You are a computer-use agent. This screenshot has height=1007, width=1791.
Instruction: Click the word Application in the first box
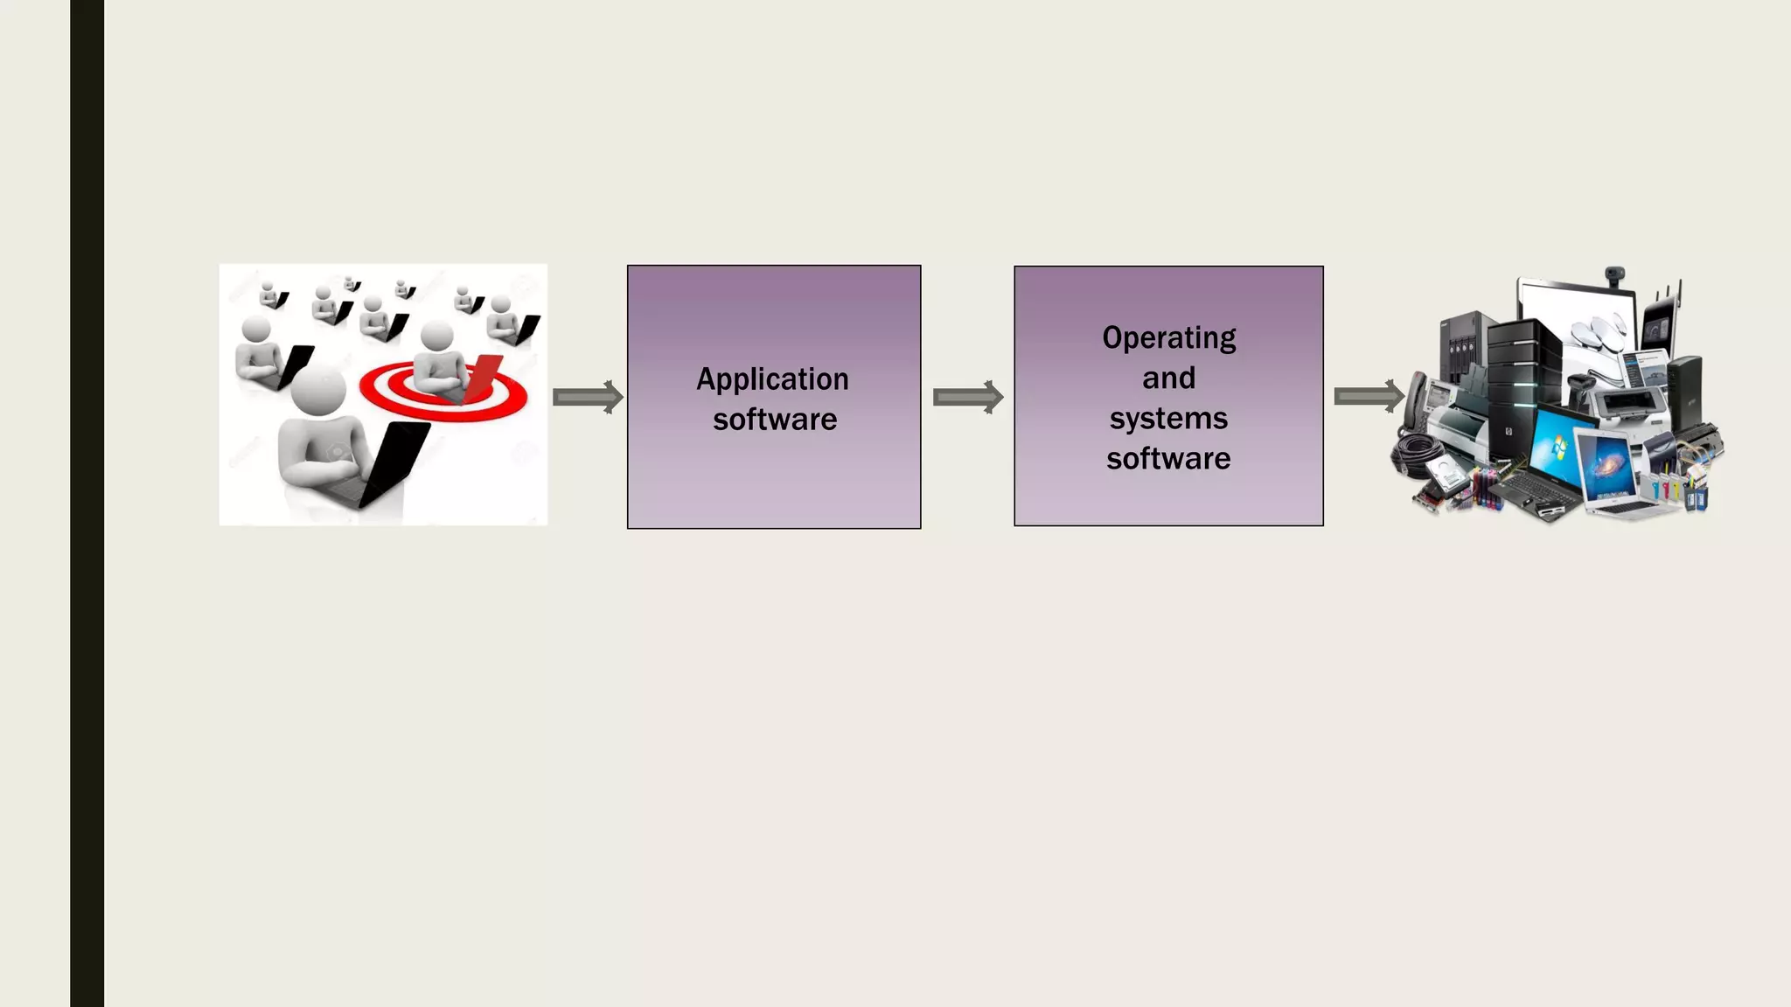coord(772,379)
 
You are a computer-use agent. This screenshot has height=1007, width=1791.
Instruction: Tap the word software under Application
coord(774,420)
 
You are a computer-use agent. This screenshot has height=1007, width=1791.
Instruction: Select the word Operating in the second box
coord(1168,337)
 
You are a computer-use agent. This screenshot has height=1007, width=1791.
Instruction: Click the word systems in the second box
coord(1168,418)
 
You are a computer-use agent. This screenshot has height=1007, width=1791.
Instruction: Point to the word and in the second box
coord(1168,378)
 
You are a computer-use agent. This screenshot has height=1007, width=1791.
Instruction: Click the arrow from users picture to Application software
coord(588,398)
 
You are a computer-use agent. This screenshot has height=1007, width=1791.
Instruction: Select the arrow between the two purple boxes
coord(967,398)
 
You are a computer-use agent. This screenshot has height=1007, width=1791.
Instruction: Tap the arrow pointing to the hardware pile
coord(1369,397)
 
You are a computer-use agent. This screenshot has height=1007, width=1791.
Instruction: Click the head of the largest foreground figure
coord(318,391)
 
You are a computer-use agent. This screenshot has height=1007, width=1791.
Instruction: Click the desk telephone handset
coord(1415,398)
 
